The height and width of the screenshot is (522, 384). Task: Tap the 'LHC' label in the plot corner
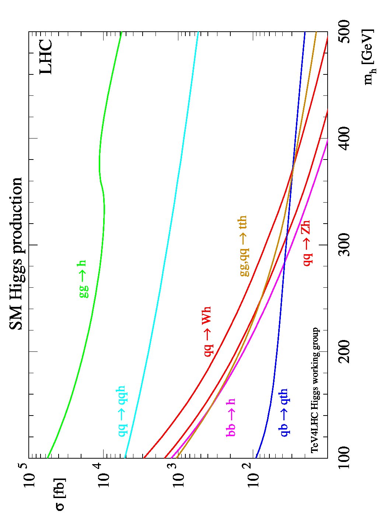[x=46, y=57]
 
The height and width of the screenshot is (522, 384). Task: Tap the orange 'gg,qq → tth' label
[x=244, y=246]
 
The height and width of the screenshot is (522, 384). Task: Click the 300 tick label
[x=344, y=245]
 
